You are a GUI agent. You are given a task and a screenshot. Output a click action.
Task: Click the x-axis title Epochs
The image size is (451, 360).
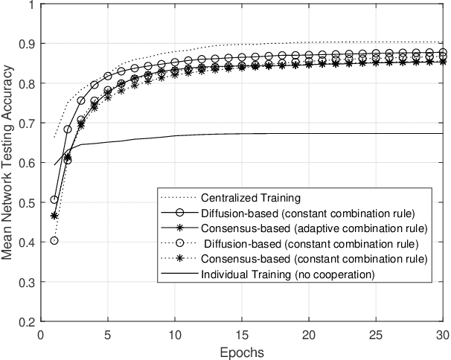pyautogui.click(x=242, y=351)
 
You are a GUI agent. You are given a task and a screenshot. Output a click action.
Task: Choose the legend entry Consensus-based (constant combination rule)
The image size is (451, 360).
pyautogui.click(x=313, y=258)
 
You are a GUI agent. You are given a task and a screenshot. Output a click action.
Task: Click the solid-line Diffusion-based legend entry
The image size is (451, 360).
pyautogui.click(x=307, y=213)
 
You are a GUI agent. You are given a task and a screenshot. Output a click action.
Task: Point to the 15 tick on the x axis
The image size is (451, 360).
pyautogui.click(x=242, y=335)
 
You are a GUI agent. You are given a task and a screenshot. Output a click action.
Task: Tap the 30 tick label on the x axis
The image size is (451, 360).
pyautogui.click(x=442, y=335)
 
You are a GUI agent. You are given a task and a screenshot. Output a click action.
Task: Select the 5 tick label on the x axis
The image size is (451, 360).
pyautogui.click(x=108, y=335)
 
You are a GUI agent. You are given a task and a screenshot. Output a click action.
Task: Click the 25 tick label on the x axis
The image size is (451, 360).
pyautogui.click(x=376, y=335)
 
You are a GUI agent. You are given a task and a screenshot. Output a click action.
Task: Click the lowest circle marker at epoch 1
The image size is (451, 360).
pyautogui.click(x=54, y=240)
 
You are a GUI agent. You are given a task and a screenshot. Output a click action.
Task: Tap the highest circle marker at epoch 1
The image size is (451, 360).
pyautogui.click(x=54, y=199)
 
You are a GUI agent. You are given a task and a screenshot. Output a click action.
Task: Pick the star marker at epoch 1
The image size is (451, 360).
pyautogui.click(x=54, y=215)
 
